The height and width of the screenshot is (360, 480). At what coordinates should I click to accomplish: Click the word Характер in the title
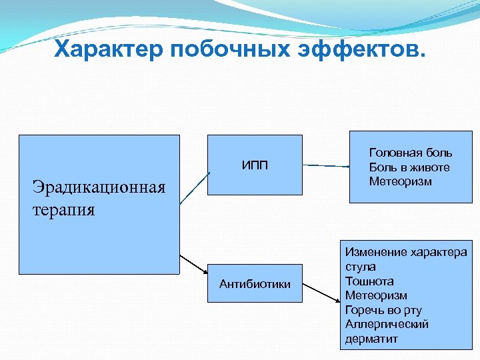pos(107,49)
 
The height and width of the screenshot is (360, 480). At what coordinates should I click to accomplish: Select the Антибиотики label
pos(255,284)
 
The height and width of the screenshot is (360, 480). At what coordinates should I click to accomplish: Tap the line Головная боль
pos(411,153)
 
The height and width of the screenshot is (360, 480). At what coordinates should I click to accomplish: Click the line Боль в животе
pos(409,167)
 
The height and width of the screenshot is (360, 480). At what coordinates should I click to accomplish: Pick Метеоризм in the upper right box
pos(400,181)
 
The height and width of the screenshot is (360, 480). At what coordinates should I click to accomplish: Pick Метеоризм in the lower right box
pos(376,295)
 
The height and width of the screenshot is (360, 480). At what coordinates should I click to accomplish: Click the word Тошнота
pos(369,281)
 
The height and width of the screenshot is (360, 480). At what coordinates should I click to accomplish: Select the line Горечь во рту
pos(383,310)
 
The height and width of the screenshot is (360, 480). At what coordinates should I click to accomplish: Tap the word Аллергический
pos(387,324)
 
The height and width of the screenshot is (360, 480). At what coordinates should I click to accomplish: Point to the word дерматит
pos(371,339)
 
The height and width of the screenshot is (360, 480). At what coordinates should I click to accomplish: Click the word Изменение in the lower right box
pos(375,253)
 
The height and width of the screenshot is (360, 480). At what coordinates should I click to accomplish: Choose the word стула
pos(361,267)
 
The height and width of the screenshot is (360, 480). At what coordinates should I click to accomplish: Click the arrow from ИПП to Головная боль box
pos(326,165)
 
